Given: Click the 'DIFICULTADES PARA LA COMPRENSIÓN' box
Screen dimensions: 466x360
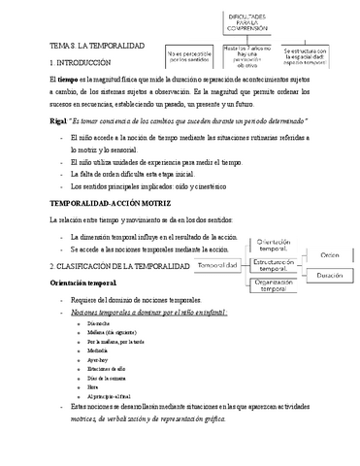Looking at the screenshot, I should (261, 22).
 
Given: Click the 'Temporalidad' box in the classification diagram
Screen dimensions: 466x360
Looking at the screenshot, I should (222, 264).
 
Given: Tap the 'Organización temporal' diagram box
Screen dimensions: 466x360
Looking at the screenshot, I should (280, 284).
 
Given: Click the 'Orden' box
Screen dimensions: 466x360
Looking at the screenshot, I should (330, 255).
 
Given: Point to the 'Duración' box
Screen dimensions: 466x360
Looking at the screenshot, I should (330, 276).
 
